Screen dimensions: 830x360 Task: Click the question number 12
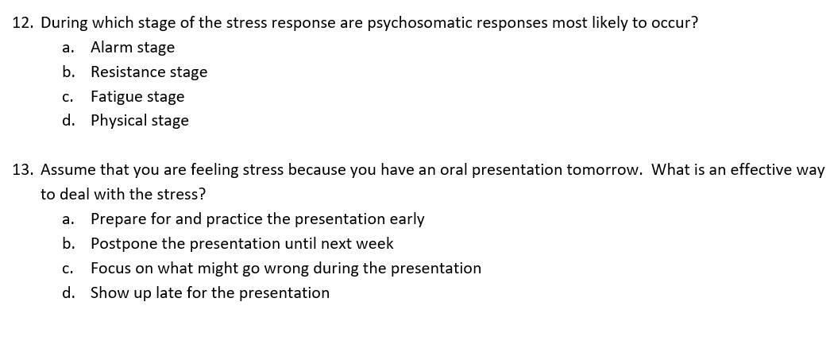tap(22, 23)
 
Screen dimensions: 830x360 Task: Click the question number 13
tap(22, 170)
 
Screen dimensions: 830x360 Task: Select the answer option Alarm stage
tap(133, 48)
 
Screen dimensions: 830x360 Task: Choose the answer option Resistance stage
tap(149, 72)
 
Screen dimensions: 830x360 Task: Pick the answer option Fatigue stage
tap(137, 98)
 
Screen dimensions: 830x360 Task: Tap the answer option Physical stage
tap(140, 122)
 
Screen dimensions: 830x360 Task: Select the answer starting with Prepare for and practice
tap(257, 219)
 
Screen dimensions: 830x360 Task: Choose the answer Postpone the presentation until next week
tap(242, 244)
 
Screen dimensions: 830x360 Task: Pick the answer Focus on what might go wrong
tap(286, 269)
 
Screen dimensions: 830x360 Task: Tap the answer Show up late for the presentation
tap(210, 292)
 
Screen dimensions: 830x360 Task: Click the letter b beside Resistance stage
tap(67, 72)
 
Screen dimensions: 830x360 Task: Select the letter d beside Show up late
tap(67, 292)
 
